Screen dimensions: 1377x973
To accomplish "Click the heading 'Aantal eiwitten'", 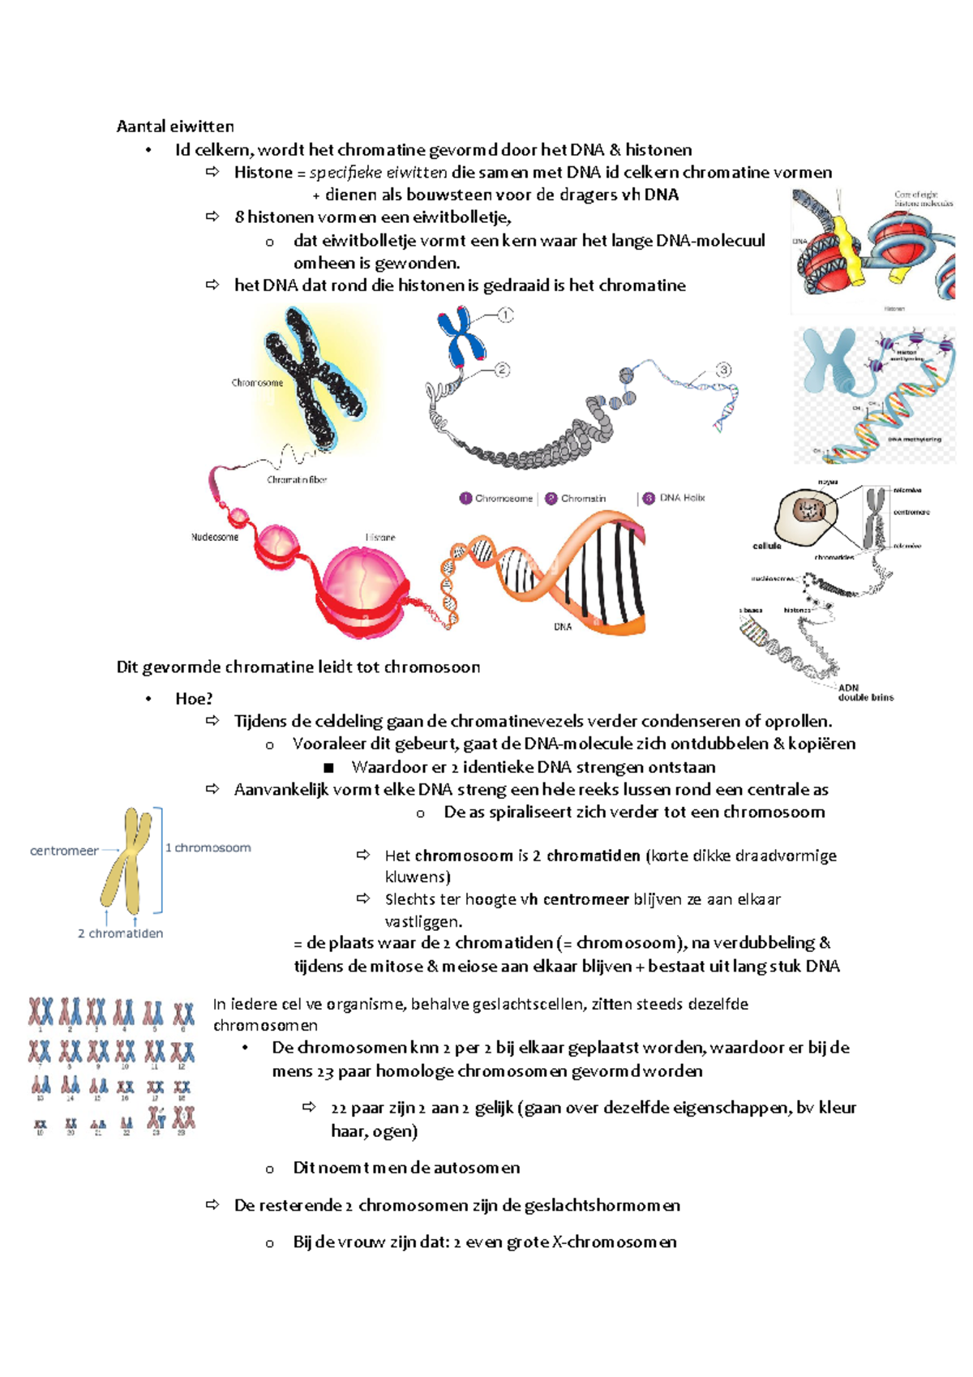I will (x=175, y=126).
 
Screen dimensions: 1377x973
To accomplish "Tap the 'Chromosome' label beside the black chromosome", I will (x=257, y=383).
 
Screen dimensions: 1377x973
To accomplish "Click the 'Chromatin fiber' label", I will (x=297, y=480).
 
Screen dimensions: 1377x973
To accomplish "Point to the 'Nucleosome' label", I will (x=215, y=537).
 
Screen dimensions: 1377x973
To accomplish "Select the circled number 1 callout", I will (x=505, y=315).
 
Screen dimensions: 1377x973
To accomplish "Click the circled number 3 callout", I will (x=723, y=370).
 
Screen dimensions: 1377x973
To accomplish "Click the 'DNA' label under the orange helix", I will (x=563, y=626).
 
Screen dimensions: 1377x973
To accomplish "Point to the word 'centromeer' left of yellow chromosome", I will (x=64, y=851).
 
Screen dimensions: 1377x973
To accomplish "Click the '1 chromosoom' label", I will (x=208, y=847).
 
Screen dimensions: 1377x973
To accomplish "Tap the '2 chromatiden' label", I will (x=120, y=933).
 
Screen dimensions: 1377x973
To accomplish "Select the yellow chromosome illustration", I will (x=126, y=861).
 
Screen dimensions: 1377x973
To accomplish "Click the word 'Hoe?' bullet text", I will (x=194, y=698).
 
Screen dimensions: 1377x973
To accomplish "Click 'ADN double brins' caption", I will (x=865, y=693).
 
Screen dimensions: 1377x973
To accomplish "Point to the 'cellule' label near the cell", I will (x=767, y=546).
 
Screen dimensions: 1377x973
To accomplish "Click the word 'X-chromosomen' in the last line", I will (x=614, y=1242).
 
